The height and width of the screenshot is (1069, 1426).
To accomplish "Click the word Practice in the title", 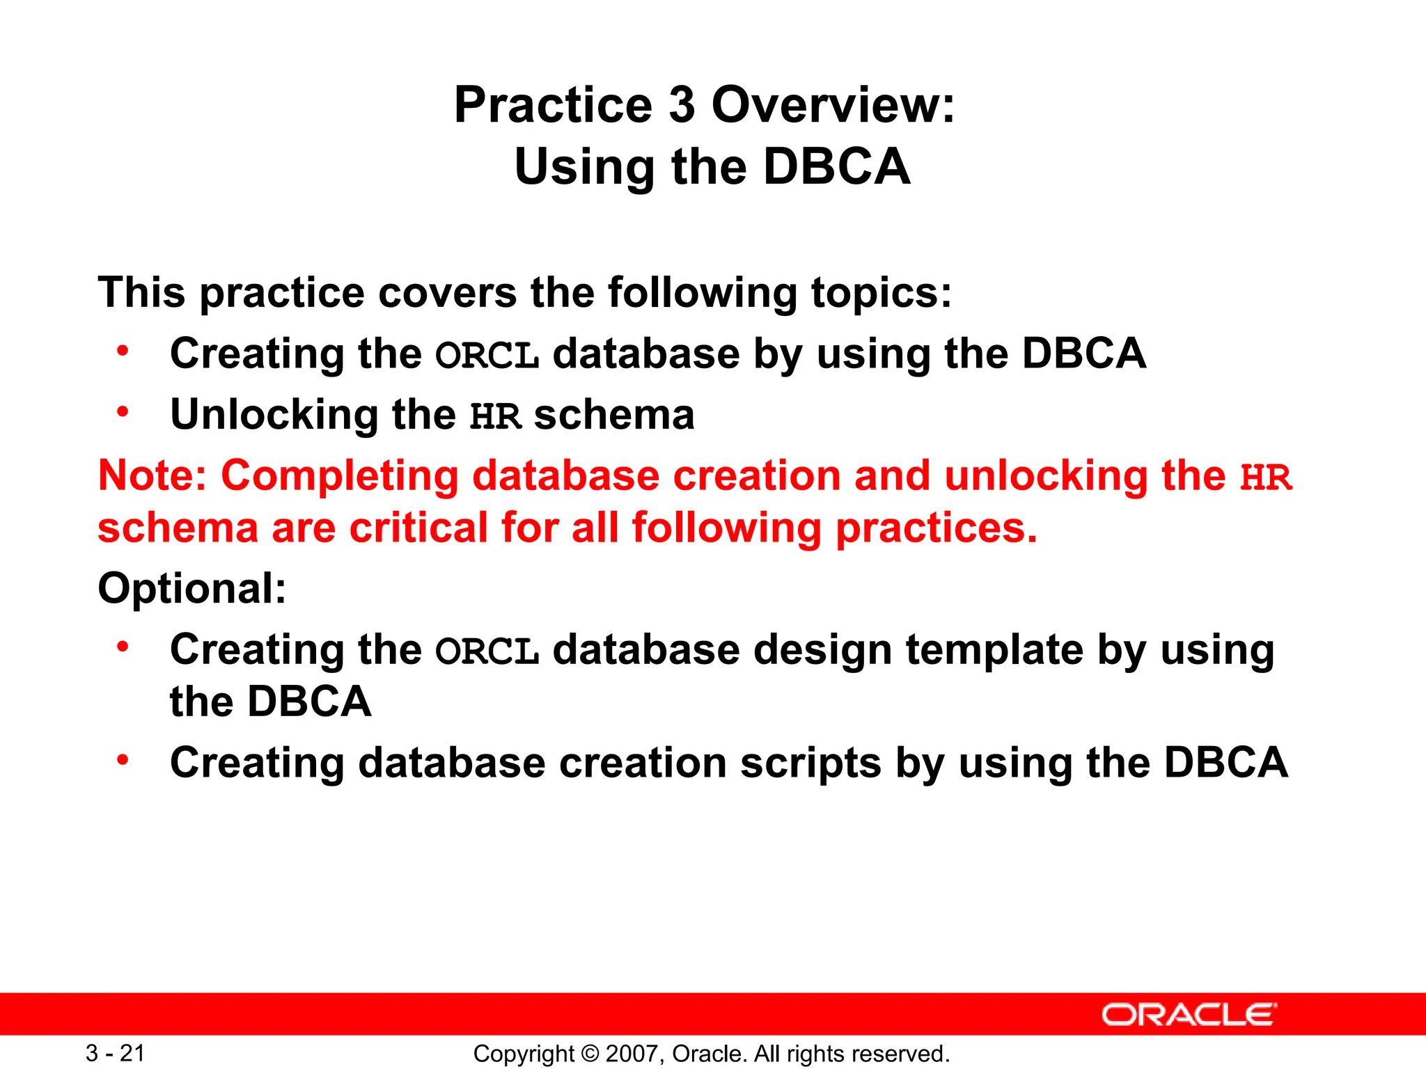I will (x=553, y=106).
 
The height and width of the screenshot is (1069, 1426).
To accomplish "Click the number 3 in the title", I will (x=682, y=106).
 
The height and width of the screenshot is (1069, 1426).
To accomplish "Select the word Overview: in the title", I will (x=833, y=106).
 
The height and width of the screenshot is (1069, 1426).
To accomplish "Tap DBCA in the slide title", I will (x=836, y=167).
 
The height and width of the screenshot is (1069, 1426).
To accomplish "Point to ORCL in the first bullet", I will (x=487, y=356).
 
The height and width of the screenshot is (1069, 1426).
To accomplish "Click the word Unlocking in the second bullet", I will (x=274, y=415).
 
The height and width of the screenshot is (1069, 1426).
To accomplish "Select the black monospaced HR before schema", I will (x=495, y=417).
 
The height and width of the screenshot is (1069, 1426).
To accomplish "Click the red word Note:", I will (x=152, y=476).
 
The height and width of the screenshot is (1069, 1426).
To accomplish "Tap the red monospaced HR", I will (x=1265, y=478).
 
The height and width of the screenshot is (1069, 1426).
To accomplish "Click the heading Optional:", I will (x=192, y=589).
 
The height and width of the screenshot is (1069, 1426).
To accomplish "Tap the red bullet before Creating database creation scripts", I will (x=123, y=760).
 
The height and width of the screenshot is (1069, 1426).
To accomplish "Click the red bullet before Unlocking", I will (x=123, y=412).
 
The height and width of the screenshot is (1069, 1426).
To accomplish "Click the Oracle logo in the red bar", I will (x=1189, y=1015).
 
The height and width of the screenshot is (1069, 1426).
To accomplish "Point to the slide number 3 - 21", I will (x=115, y=1053).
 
